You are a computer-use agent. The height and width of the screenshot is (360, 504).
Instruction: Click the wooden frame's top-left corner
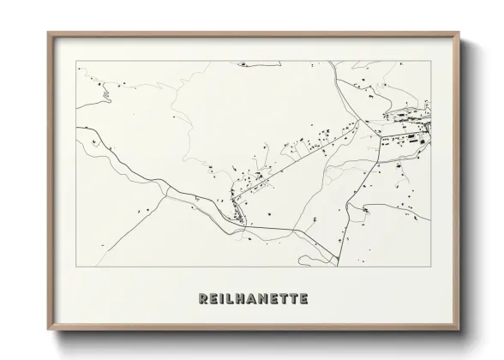tap(48, 33)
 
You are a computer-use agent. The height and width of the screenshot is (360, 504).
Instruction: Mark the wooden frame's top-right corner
tap(459, 33)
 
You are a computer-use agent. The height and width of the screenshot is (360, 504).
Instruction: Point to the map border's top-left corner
tap(76, 60)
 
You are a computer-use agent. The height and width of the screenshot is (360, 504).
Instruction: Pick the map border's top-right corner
tap(430, 60)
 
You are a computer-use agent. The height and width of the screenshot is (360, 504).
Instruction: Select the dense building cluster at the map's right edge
tap(411, 133)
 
